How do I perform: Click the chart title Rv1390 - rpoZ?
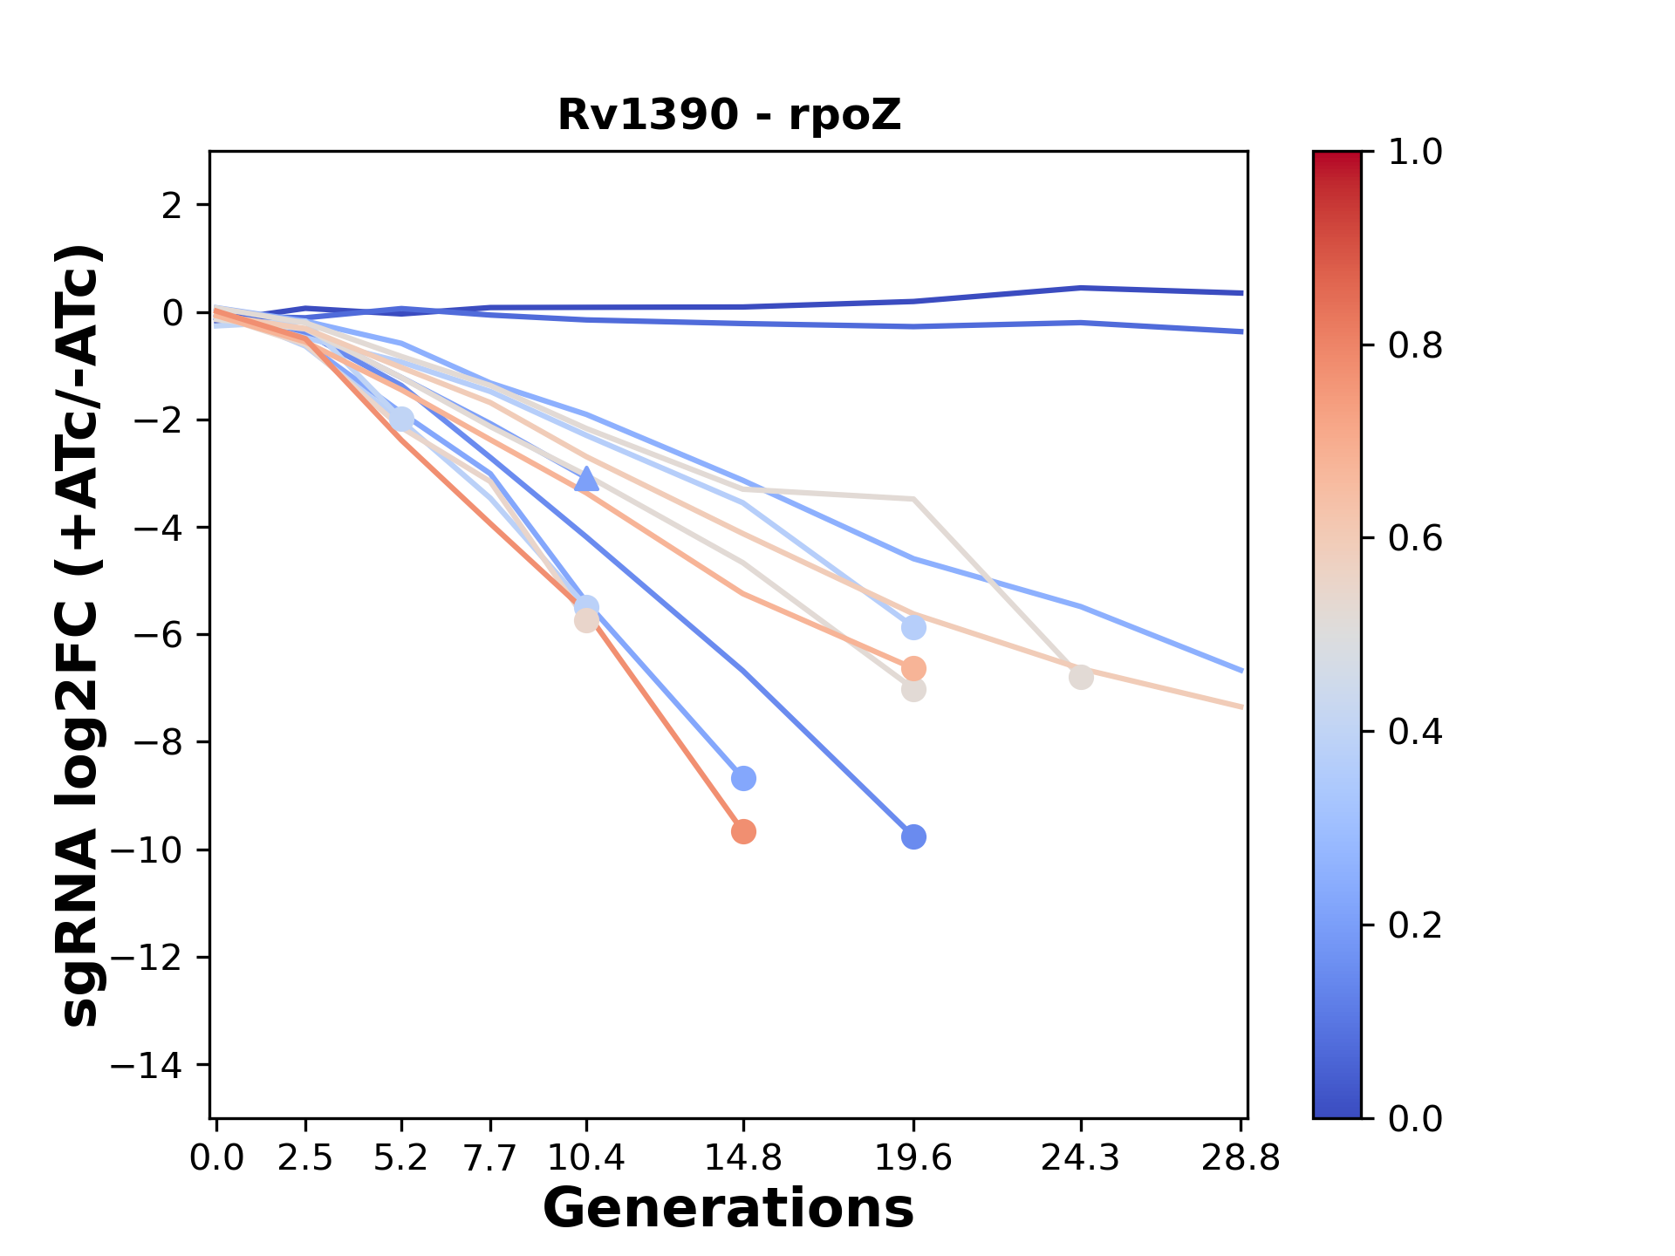pos(728,115)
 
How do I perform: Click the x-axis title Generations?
pos(728,1208)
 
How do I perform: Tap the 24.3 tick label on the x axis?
pos(1081,1158)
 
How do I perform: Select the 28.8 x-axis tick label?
pos(1241,1158)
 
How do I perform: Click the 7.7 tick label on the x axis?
pos(491,1158)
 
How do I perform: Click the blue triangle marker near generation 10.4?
pos(586,479)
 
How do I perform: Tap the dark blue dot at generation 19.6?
pos(913,837)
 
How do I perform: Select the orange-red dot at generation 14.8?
pos(743,832)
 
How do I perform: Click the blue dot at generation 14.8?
pos(743,778)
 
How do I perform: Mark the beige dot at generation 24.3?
pos(1081,677)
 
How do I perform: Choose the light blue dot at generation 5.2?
pos(401,419)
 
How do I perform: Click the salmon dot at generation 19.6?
pos(913,669)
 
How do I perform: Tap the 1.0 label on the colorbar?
pos(1415,153)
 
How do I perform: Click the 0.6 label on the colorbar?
pos(1415,538)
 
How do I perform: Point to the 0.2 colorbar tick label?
pos(1415,925)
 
